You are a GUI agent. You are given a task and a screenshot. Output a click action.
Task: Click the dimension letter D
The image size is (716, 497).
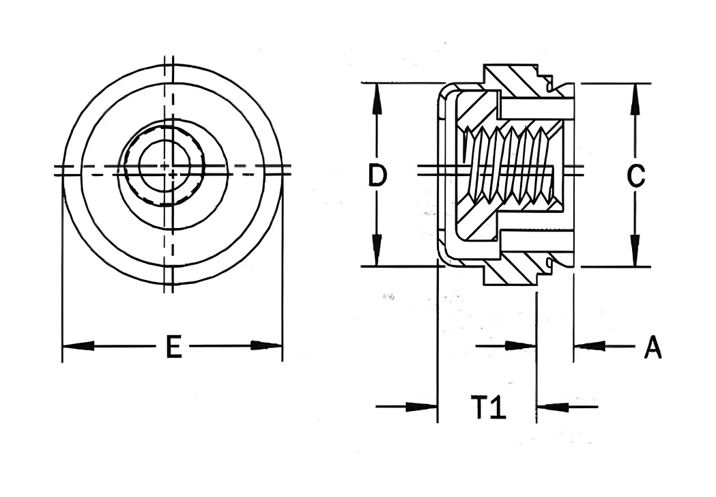tap(377, 176)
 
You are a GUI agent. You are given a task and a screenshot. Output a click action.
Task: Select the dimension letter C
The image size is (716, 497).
tap(635, 176)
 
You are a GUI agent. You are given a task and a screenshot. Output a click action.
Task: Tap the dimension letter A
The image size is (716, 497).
tap(653, 347)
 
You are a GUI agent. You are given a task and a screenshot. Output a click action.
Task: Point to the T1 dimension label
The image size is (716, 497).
tap(489, 408)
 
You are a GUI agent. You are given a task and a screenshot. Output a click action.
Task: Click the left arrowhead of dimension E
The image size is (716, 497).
tap(78, 346)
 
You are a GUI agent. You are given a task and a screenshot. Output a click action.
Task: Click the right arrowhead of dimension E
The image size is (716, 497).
tap(266, 345)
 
